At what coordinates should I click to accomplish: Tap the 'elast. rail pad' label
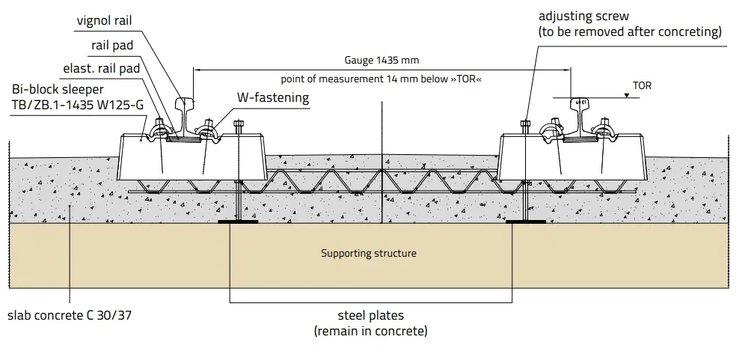coord(102,69)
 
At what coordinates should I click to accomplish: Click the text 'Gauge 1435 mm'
coord(381,61)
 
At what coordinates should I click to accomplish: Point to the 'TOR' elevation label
coord(642,86)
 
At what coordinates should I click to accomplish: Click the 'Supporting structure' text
coord(369,253)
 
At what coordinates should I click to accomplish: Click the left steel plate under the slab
coord(238,222)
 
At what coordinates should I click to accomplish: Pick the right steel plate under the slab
coord(527,222)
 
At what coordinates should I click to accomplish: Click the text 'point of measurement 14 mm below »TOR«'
coord(381,79)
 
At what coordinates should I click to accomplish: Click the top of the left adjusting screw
coord(238,124)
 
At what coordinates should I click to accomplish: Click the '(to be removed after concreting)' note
coord(630,32)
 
